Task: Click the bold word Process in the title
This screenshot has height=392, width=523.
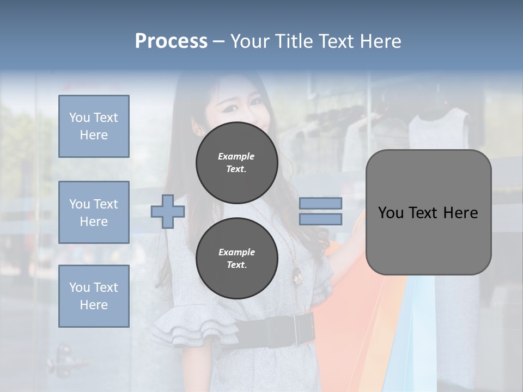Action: coord(171,41)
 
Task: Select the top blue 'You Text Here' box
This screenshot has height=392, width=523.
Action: coord(94,126)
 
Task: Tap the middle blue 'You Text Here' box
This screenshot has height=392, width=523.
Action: coord(94,212)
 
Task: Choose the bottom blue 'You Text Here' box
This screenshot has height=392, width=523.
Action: coord(94,296)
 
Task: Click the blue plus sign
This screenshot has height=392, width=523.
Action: coord(168,211)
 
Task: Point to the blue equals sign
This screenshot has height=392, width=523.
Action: coord(320,211)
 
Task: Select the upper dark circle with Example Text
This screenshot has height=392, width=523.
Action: coord(236,162)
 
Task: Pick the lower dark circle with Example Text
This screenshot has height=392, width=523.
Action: coord(236,258)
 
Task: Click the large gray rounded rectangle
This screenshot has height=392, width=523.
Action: coord(428,212)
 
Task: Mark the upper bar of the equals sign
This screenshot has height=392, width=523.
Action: coord(320,203)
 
